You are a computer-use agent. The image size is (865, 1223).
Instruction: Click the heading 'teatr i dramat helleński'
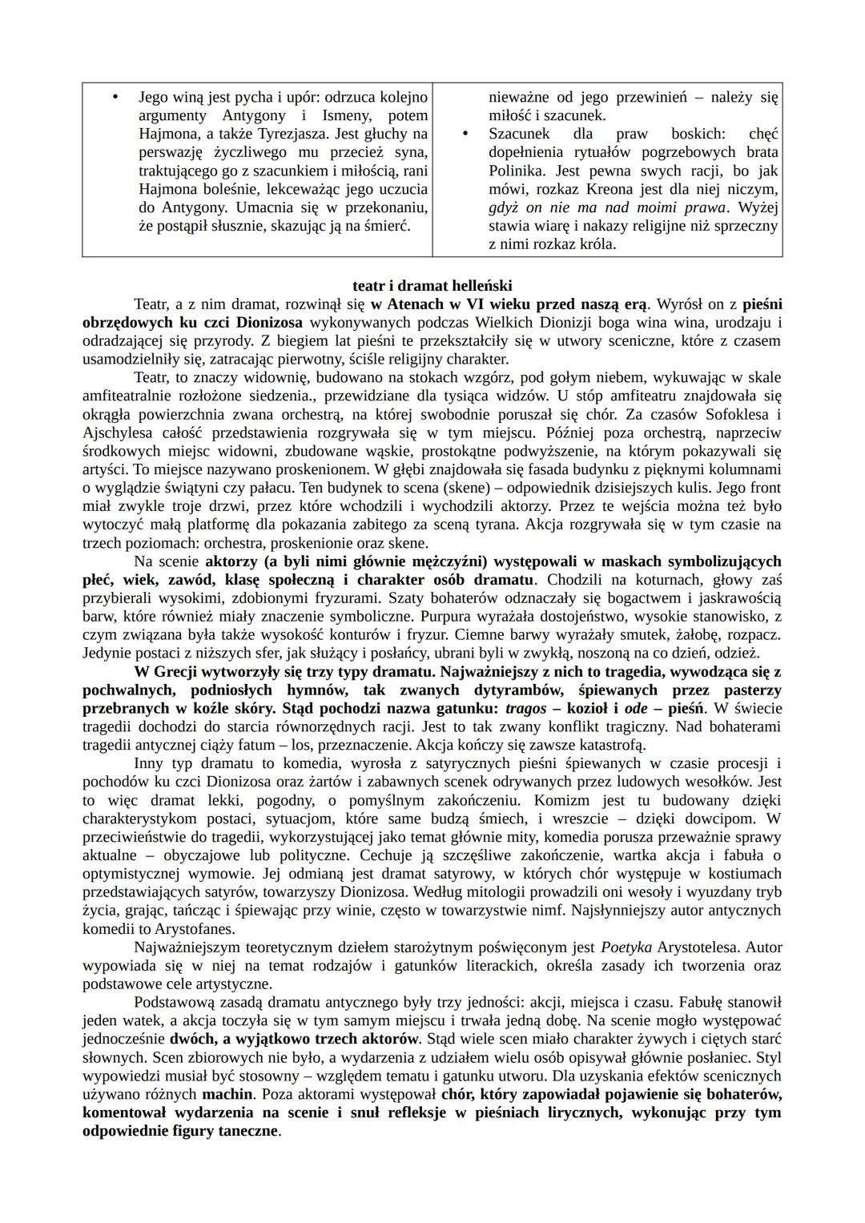pos(432,286)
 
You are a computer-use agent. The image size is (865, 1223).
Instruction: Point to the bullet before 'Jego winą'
pos(115,98)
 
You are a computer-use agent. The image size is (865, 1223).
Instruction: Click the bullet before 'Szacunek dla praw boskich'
pos(465,134)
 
